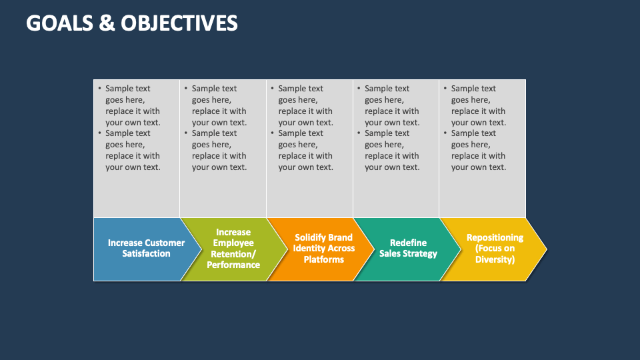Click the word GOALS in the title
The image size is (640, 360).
pyautogui.click(x=60, y=23)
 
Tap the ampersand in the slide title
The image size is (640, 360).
pyautogui.click(x=108, y=23)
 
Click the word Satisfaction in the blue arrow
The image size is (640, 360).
pyautogui.click(x=146, y=254)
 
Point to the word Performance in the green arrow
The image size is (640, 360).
pyautogui.click(x=233, y=265)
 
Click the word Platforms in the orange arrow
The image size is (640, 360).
pyautogui.click(x=323, y=259)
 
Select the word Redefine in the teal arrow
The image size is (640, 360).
pyautogui.click(x=408, y=243)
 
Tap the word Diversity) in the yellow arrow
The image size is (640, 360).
pyautogui.click(x=495, y=259)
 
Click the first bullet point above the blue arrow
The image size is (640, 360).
pyautogui.click(x=133, y=105)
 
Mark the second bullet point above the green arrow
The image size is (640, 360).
pyautogui.click(x=219, y=150)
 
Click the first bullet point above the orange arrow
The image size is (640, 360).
pyautogui.click(x=305, y=105)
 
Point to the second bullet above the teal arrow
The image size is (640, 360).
pyautogui.click(x=392, y=150)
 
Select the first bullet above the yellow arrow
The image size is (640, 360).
pyautogui.click(x=478, y=105)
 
